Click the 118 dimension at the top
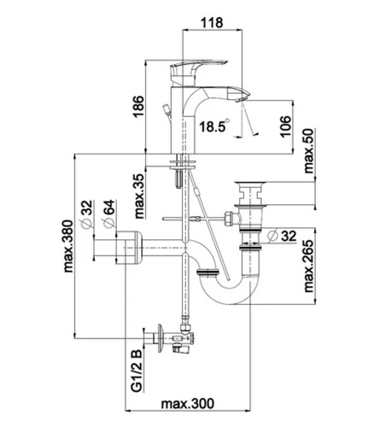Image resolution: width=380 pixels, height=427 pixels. (212, 22)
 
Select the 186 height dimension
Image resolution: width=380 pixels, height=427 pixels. (138, 106)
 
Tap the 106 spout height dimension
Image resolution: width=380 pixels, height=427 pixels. (285, 126)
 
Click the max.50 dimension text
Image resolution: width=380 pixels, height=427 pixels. (308, 151)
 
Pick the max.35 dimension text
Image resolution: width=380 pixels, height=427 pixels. (139, 196)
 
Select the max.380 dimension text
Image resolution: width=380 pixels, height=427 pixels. (68, 246)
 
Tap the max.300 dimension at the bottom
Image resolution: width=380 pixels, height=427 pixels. (188, 403)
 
